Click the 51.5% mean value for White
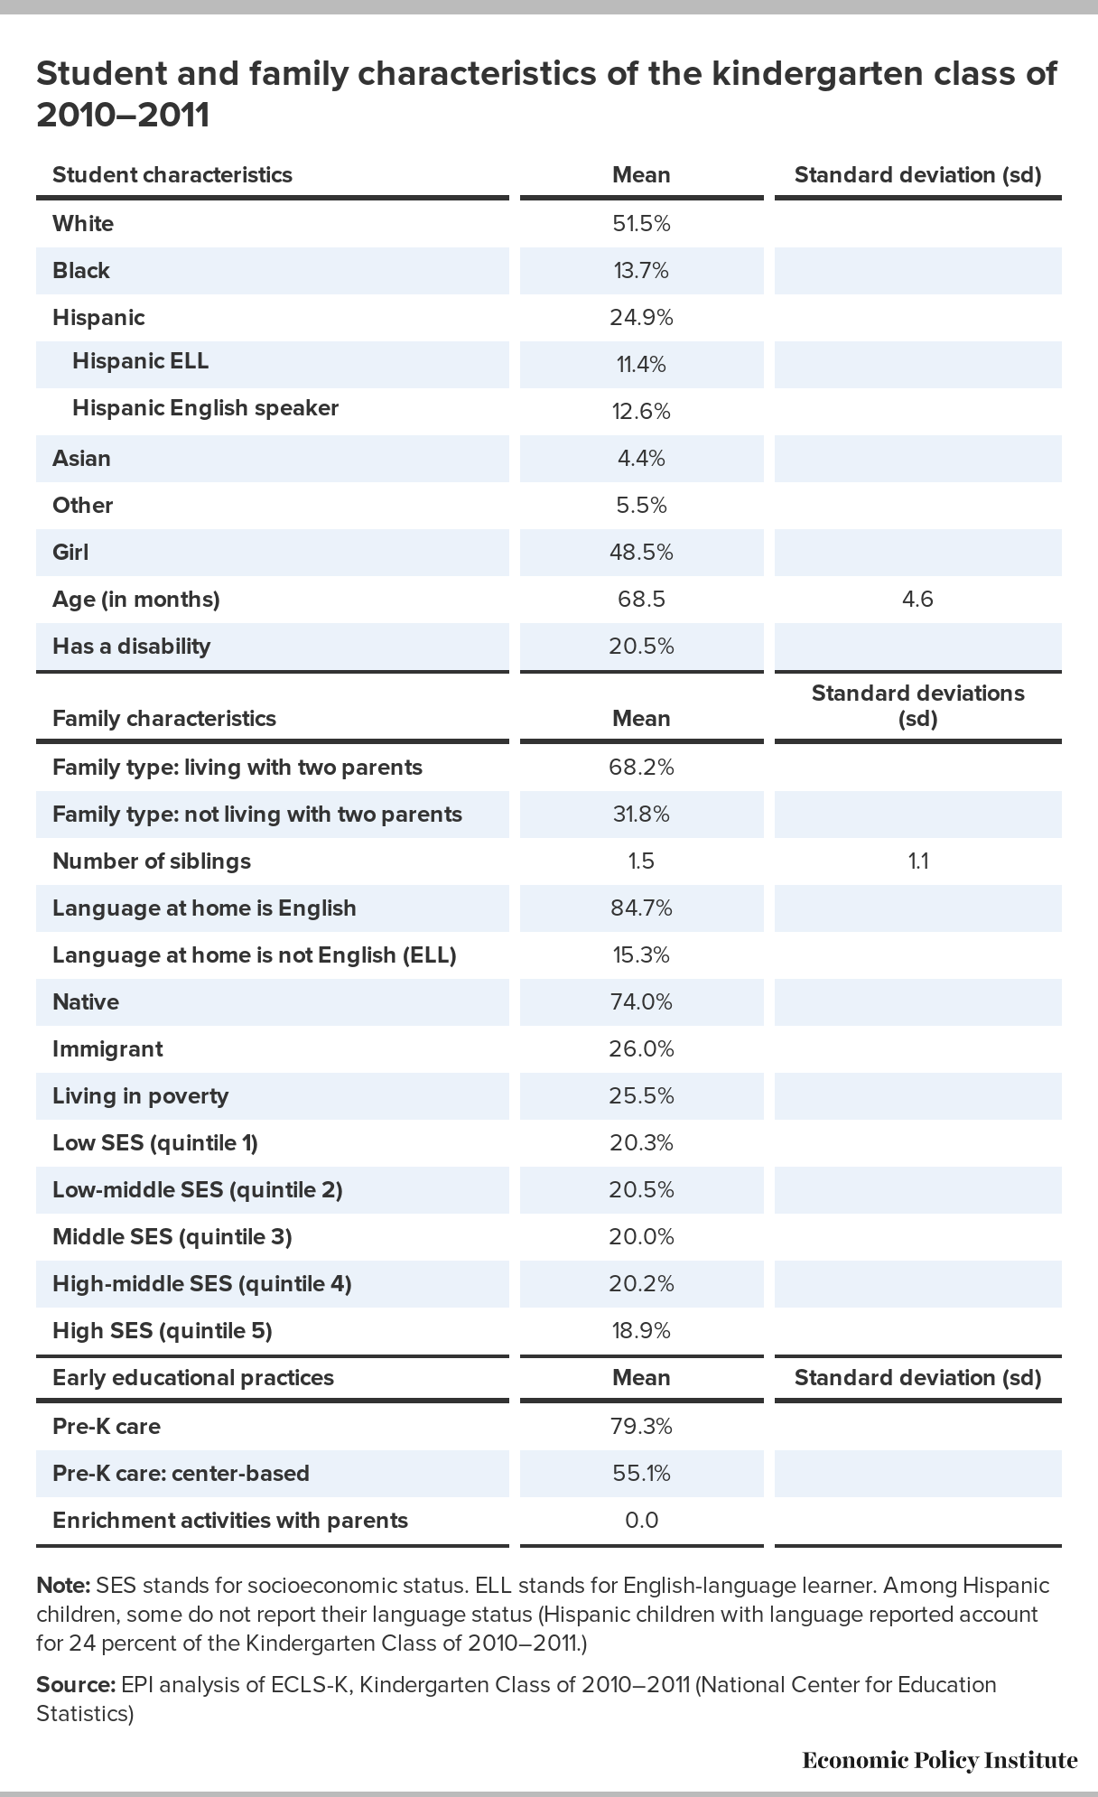click(x=641, y=224)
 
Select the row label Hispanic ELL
click(x=140, y=361)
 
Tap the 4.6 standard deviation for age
click(x=917, y=600)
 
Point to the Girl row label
click(x=70, y=553)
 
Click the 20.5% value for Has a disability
click(x=641, y=647)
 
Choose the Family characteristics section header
click(x=164, y=719)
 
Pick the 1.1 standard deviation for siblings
click(x=918, y=861)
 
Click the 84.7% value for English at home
click(x=641, y=908)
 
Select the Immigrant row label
click(x=107, y=1049)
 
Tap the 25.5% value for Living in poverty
click(x=641, y=1096)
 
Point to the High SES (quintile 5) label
click(x=163, y=1331)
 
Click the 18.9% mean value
click(x=641, y=1331)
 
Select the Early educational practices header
click(x=193, y=1378)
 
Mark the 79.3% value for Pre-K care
click(x=641, y=1427)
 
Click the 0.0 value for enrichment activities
click(x=641, y=1521)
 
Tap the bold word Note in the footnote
click(x=63, y=1586)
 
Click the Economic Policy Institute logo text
click(x=940, y=1760)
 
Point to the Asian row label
click(x=81, y=459)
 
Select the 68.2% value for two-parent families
click(x=641, y=768)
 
